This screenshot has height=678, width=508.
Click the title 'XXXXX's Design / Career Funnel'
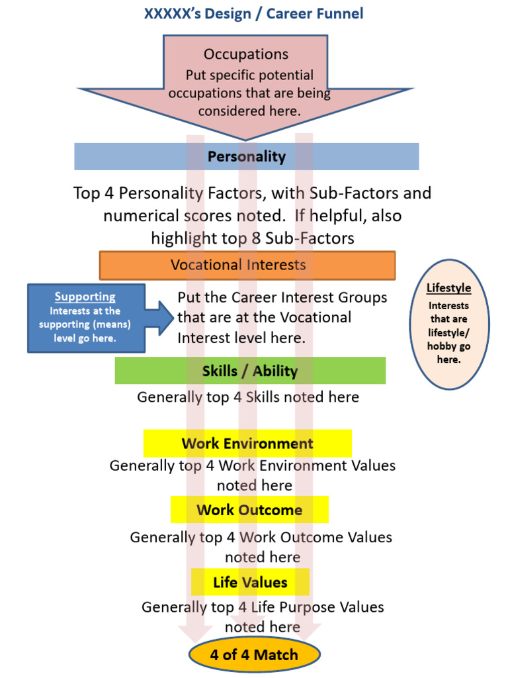tap(253, 13)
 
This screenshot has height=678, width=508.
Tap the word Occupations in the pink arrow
tap(246, 54)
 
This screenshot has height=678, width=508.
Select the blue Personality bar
tap(246, 157)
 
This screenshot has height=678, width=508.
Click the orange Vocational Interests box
tap(247, 265)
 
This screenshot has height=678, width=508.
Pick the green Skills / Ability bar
tap(250, 371)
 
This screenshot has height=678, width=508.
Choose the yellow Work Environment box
tap(247, 444)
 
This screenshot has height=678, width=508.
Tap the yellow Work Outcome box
tap(249, 510)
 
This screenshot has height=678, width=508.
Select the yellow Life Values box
tap(250, 583)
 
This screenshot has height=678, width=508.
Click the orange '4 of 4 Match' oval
tap(254, 655)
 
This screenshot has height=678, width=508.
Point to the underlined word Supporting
tap(85, 297)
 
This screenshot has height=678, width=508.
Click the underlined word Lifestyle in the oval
tap(448, 288)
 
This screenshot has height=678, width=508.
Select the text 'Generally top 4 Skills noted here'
tap(248, 397)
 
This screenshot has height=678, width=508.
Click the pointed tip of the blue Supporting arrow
tap(173, 317)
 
